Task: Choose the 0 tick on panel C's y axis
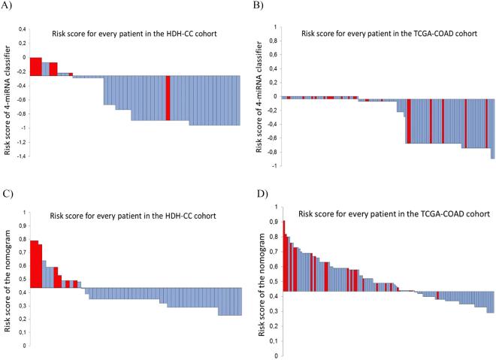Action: click(25, 346)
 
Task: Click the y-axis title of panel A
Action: click(8, 90)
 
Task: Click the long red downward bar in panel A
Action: click(168, 98)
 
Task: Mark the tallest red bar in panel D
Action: click(283, 256)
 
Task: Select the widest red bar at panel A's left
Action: click(35, 66)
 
